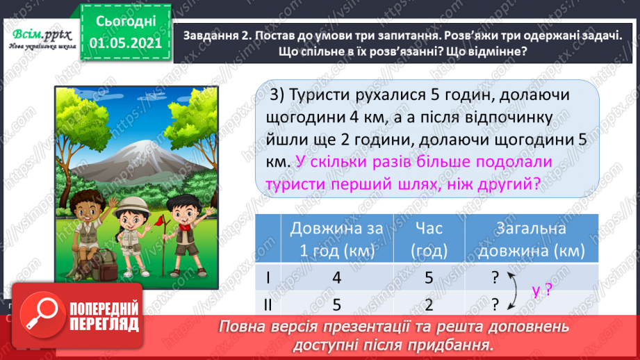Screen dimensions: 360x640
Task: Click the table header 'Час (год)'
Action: [429, 239]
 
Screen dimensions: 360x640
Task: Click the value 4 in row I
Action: [336, 277]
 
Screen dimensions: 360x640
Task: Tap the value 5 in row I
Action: [429, 277]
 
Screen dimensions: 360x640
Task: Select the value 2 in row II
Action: [429, 304]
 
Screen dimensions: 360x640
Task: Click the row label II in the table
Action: [268, 304]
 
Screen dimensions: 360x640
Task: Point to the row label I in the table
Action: [268, 277]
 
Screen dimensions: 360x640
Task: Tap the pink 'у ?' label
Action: [541, 291]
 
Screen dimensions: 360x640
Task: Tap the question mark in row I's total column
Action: [495, 277]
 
